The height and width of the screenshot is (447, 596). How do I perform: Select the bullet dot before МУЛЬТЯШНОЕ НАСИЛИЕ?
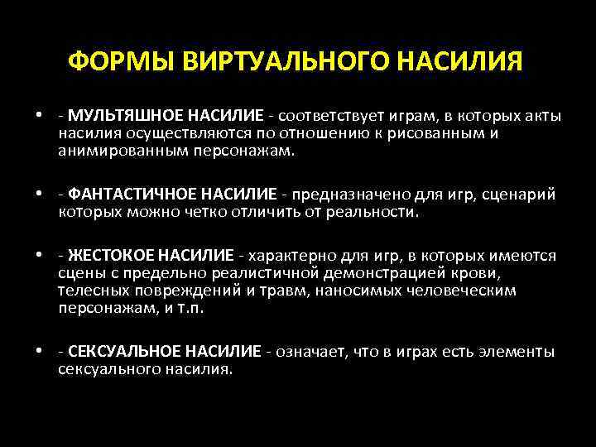tap(39, 116)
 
